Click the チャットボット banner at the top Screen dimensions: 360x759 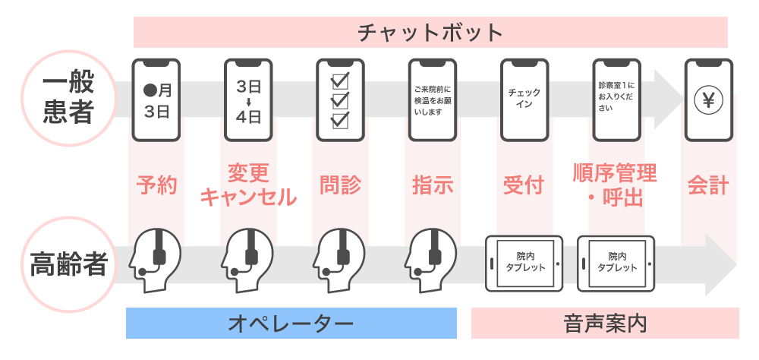click(x=430, y=33)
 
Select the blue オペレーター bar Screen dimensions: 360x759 click(x=291, y=323)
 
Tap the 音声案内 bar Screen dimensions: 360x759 click(x=605, y=323)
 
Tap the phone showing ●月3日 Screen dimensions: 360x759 click(x=157, y=100)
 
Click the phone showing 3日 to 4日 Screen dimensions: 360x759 click(x=249, y=100)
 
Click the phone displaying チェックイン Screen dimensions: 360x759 click(x=524, y=100)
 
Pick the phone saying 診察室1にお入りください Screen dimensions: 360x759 click(x=616, y=100)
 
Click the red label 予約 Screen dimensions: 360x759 click(x=157, y=185)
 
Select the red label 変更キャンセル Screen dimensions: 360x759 click(x=248, y=185)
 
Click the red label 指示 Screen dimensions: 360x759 click(x=433, y=185)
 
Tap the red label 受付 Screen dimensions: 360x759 click(x=524, y=185)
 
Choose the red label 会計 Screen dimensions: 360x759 click(x=708, y=185)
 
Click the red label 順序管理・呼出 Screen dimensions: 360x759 click(x=616, y=185)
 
